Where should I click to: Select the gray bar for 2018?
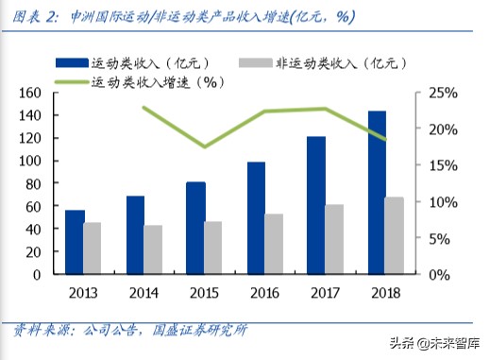point(395,236)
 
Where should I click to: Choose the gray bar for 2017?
point(334,239)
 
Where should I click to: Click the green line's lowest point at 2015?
point(205,146)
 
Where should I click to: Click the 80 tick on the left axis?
point(36,183)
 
